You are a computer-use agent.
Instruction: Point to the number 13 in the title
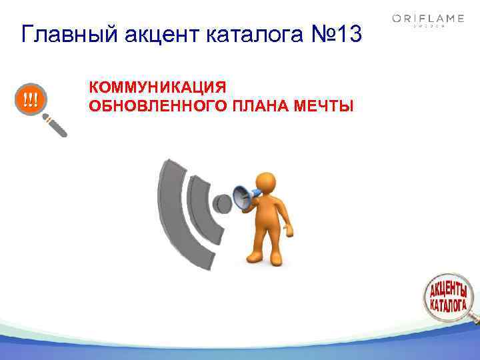point(347,33)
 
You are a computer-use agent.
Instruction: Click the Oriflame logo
point(428,20)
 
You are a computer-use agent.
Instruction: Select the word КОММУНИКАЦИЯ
point(157,87)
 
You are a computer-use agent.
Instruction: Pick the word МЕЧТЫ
point(327,105)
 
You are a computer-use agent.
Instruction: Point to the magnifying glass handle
point(56,125)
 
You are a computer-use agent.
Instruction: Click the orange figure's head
point(266,182)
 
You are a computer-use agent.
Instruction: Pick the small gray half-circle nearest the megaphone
point(219,203)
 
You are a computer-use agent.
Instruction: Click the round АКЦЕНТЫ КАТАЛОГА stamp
point(448,296)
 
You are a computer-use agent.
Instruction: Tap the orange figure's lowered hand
point(288,231)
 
